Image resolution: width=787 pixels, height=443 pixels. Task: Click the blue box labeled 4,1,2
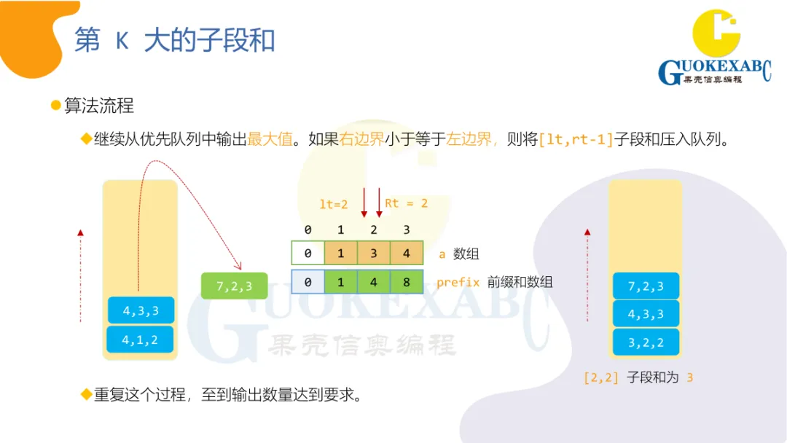(x=141, y=340)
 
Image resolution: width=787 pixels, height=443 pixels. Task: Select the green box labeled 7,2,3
(x=234, y=286)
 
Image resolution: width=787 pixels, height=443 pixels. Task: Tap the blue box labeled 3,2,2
(x=646, y=342)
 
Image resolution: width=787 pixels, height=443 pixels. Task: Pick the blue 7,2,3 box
(x=646, y=286)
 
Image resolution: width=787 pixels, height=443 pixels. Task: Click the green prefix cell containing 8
(x=406, y=282)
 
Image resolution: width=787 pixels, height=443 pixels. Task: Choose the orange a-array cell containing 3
(x=373, y=254)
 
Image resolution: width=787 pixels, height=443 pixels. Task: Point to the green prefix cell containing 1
(x=340, y=282)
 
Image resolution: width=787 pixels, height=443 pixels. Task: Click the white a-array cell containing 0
(x=308, y=254)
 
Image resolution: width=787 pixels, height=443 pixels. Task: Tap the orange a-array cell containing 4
(x=406, y=254)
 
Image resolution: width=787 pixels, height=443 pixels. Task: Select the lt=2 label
(x=334, y=205)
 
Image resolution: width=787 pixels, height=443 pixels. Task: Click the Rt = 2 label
(x=406, y=203)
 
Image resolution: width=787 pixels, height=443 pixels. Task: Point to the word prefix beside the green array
(x=458, y=282)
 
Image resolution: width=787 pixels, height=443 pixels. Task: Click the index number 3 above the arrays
(x=406, y=230)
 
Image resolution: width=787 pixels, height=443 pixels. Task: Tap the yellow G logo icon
(x=716, y=34)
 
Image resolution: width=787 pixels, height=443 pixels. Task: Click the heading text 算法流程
(x=99, y=106)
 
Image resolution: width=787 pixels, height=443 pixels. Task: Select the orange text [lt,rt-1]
(x=576, y=139)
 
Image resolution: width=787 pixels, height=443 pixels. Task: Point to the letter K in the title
(x=122, y=41)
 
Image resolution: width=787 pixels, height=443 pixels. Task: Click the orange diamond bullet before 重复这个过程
(x=85, y=395)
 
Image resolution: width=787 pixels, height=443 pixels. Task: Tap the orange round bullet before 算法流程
(x=55, y=106)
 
